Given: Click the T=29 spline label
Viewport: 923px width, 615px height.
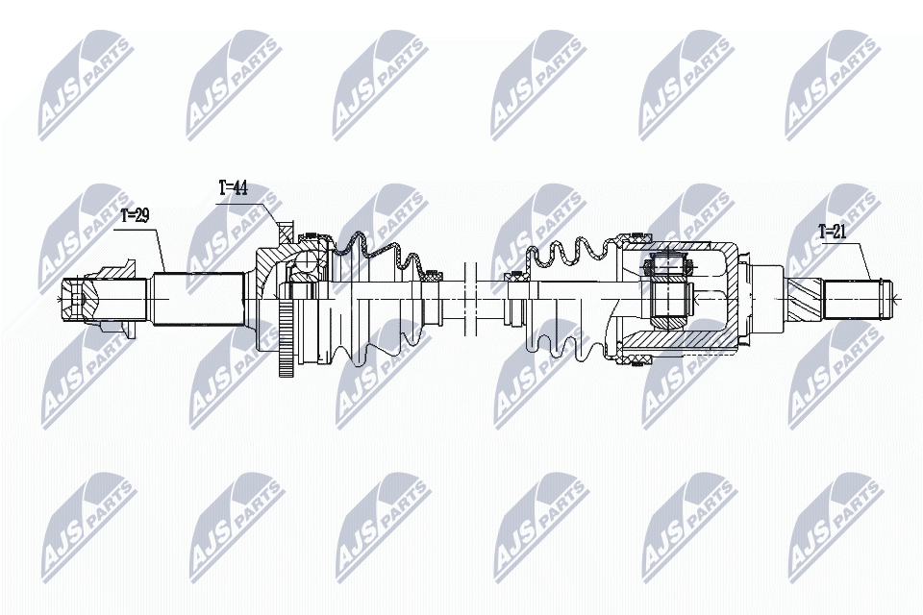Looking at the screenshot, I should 134,217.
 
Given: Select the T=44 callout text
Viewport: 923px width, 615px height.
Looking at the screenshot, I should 233,188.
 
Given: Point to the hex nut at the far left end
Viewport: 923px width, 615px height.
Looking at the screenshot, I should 77,299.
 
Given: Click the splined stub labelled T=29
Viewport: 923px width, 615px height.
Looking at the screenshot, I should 197,299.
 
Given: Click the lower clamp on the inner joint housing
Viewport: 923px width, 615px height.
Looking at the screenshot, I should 635,359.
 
